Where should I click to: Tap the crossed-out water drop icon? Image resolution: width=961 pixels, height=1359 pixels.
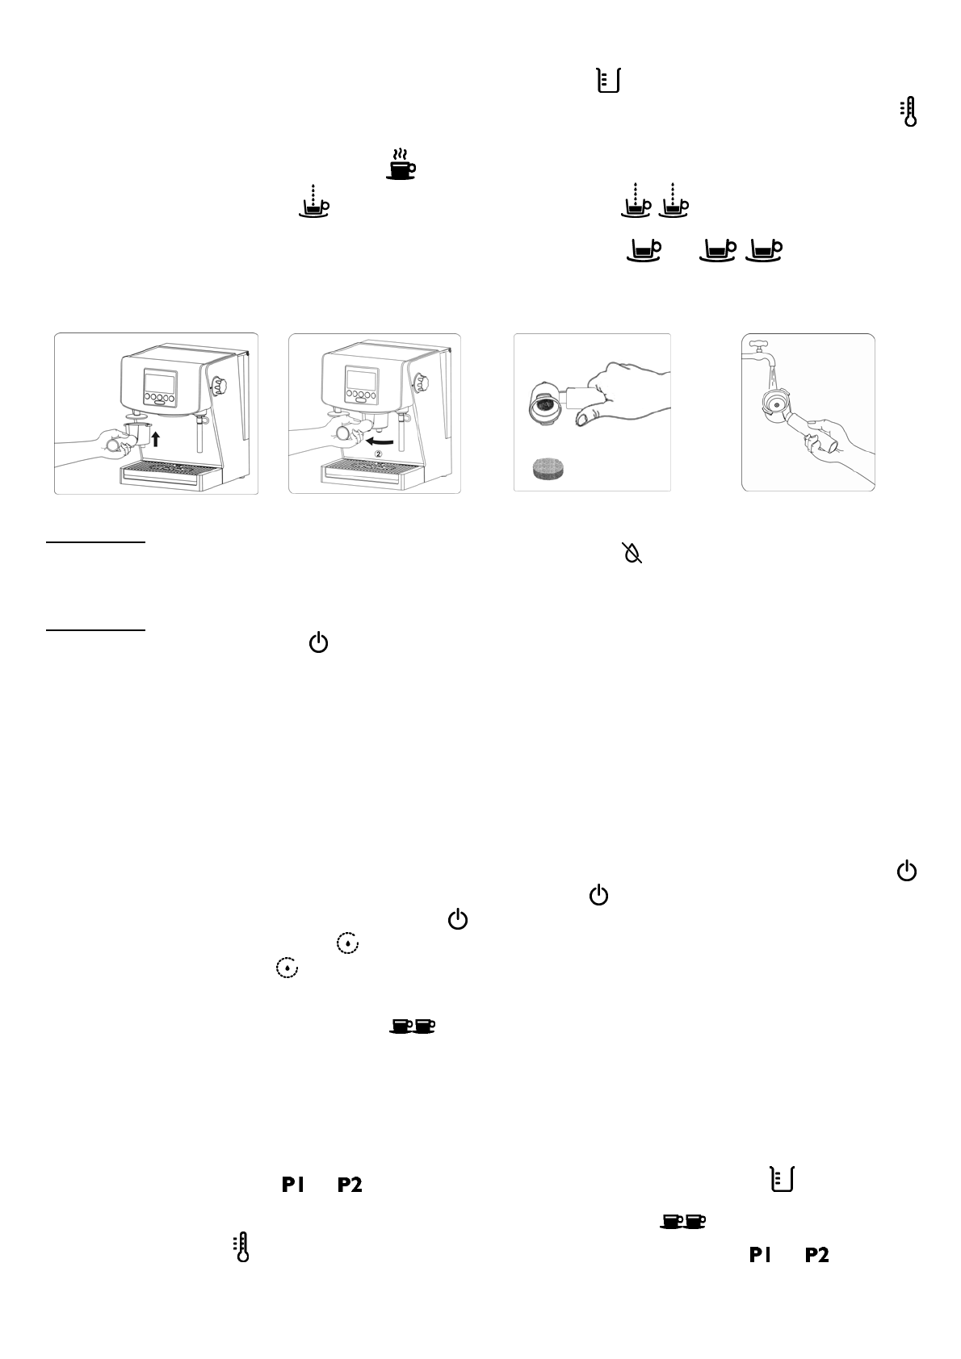pos(632,553)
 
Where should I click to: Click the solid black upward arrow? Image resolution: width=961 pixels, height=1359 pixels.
pos(157,438)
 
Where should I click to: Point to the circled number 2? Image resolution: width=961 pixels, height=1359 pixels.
pos(377,454)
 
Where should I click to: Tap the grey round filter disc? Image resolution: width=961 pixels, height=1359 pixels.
pos(552,468)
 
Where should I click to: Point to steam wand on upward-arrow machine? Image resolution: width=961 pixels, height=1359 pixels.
pos(197,436)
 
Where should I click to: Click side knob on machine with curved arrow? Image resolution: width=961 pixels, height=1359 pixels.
pos(420,382)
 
